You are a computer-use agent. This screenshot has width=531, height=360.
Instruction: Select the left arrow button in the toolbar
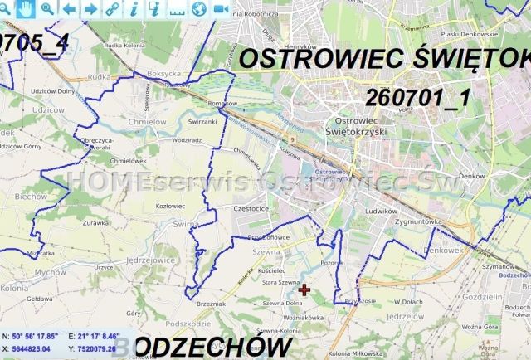(x=69, y=8)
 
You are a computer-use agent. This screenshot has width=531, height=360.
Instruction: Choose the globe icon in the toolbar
(x=198, y=8)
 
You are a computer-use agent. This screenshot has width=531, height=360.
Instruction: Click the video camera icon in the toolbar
(x=220, y=8)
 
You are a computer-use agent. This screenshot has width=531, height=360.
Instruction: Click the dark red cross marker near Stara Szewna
(x=304, y=289)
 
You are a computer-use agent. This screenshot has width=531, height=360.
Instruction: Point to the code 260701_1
(x=418, y=96)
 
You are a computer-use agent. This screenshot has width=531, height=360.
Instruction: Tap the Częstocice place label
(x=252, y=208)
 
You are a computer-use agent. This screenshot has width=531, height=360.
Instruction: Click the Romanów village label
(x=222, y=103)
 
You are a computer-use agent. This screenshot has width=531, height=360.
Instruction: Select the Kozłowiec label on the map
(x=171, y=205)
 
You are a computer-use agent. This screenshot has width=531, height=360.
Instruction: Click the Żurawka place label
(x=96, y=222)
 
